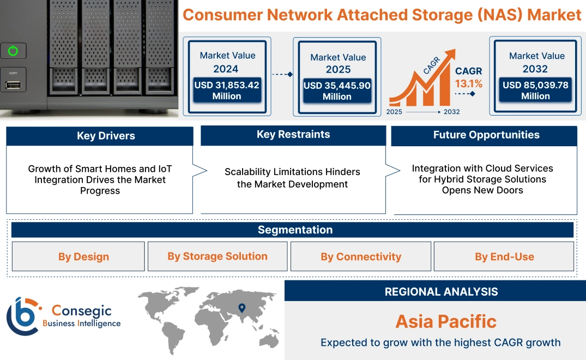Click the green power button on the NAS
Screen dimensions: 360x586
point(13,51)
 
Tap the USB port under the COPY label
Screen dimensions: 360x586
point(13,85)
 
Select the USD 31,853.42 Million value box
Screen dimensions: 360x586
point(227,91)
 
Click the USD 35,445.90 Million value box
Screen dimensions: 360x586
point(337,91)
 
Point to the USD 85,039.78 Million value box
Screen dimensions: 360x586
point(535,91)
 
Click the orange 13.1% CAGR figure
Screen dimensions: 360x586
point(469,83)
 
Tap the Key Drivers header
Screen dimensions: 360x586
point(100,136)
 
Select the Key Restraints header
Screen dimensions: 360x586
point(293,135)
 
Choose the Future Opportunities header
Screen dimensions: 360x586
point(484,135)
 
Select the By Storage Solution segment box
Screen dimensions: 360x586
point(218,256)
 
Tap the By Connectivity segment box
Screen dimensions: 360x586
point(361,256)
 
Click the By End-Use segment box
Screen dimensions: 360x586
point(504,256)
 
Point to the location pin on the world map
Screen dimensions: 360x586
point(242,308)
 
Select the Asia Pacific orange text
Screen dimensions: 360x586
point(445,321)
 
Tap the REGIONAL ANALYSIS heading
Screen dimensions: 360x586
point(441,292)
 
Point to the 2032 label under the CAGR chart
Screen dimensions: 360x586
point(451,112)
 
